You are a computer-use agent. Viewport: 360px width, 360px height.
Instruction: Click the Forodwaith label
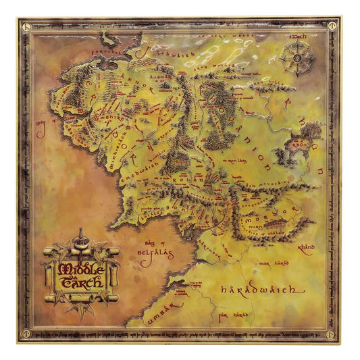(x=160, y=52)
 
